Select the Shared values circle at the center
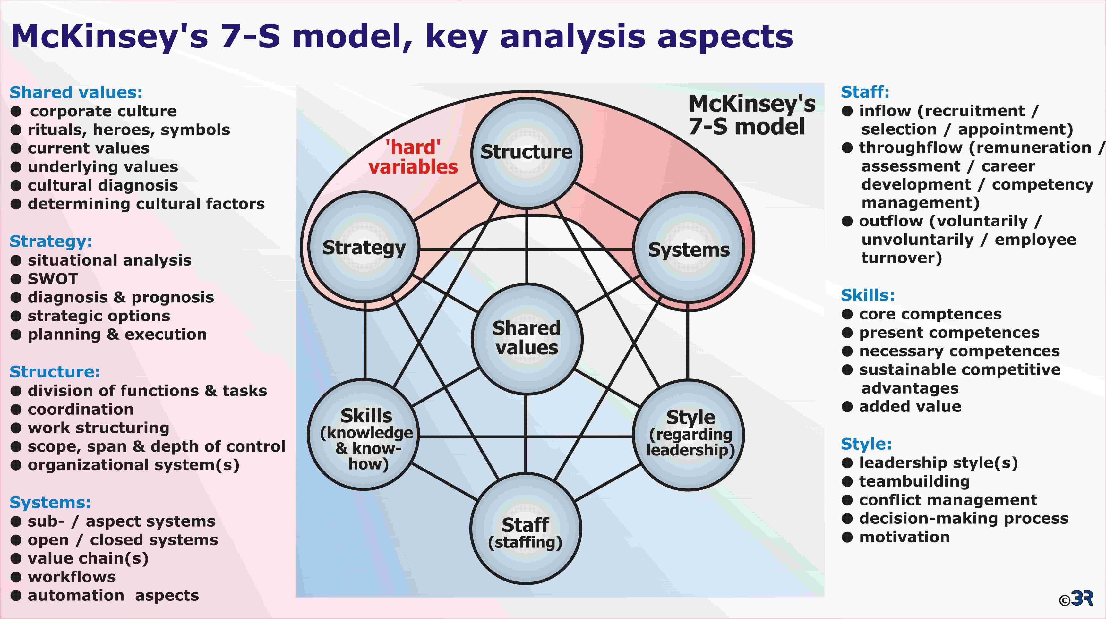(x=527, y=339)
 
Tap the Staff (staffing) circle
(x=526, y=529)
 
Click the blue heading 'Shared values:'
(x=76, y=92)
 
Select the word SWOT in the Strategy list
(x=53, y=279)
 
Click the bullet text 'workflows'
(x=72, y=577)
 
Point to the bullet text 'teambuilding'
(x=914, y=482)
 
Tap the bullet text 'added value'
(x=910, y=406)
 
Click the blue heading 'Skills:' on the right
(x=868, y=295)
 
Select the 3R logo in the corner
(x=1076, y=598)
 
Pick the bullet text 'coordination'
(x=81, y=410)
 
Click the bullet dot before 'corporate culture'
(x=16, y=112)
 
